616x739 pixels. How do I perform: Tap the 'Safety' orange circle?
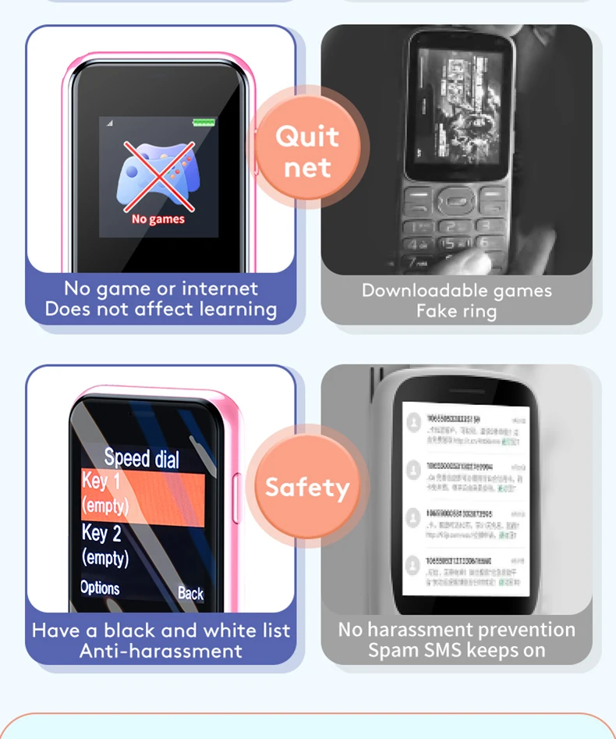(307, 488)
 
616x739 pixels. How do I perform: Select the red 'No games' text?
(158, 219)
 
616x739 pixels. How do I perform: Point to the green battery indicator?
(204, 123)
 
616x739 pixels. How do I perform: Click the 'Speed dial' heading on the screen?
(141, 458)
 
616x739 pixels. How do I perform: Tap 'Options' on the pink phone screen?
(100, 588)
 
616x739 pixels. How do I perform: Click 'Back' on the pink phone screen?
(190, 593)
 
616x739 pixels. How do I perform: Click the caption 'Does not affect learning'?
(161, 309)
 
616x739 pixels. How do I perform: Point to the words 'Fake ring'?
(456, 311)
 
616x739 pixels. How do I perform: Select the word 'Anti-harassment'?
(161, 651)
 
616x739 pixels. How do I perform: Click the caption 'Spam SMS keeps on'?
(456, 650)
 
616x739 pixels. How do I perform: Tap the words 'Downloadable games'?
(456, 291)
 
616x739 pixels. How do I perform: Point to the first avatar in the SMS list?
(413, 421)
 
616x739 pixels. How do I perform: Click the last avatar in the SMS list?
(413, 564)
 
